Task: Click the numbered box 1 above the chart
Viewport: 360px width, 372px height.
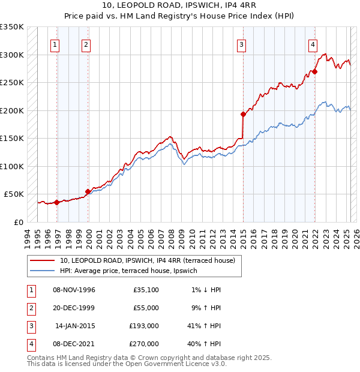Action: pyautogui.click(x=55, y=44)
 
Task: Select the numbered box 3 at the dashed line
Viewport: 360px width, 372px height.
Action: pyautogui.click(x=241, y=44)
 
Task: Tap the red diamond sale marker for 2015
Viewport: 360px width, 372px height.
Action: pyautogui.click(x=243, y=114)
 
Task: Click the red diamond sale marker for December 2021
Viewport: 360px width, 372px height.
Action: pyautogui.click(x=314, y=71)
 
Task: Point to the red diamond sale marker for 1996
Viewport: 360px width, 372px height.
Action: pyautogui.click(x=57, y=202)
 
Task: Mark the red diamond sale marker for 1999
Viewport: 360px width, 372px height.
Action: pyautogui.click(x=88, y=191)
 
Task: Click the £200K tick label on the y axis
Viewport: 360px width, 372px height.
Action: pyautogui.click(x=12, y=110)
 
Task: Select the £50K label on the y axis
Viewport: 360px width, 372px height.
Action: pyautogui.click(x=14, y=194)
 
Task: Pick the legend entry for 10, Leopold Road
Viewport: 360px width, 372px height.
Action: pyautogui.click(x=150, y=260)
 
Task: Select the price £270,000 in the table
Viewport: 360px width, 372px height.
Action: pyautogui.click(x=144, y=344)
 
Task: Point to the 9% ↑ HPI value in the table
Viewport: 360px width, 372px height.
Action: pyautogui.click(x=205, y=308)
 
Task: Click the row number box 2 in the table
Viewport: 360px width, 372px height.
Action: pyautogui.click(x=30, y=308)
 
